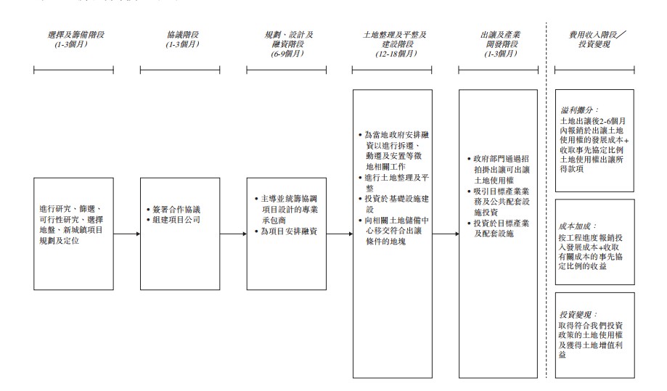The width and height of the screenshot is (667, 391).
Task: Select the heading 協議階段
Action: click(x=179, y=34)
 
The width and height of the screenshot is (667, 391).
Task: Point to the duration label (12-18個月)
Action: click(x=396, y=53)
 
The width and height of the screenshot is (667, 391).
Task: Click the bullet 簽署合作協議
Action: click(x=176, y=209)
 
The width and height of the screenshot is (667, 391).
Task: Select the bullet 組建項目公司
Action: click(x=176, y=219)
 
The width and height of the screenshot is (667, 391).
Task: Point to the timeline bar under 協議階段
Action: click(x=179, y=70)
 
